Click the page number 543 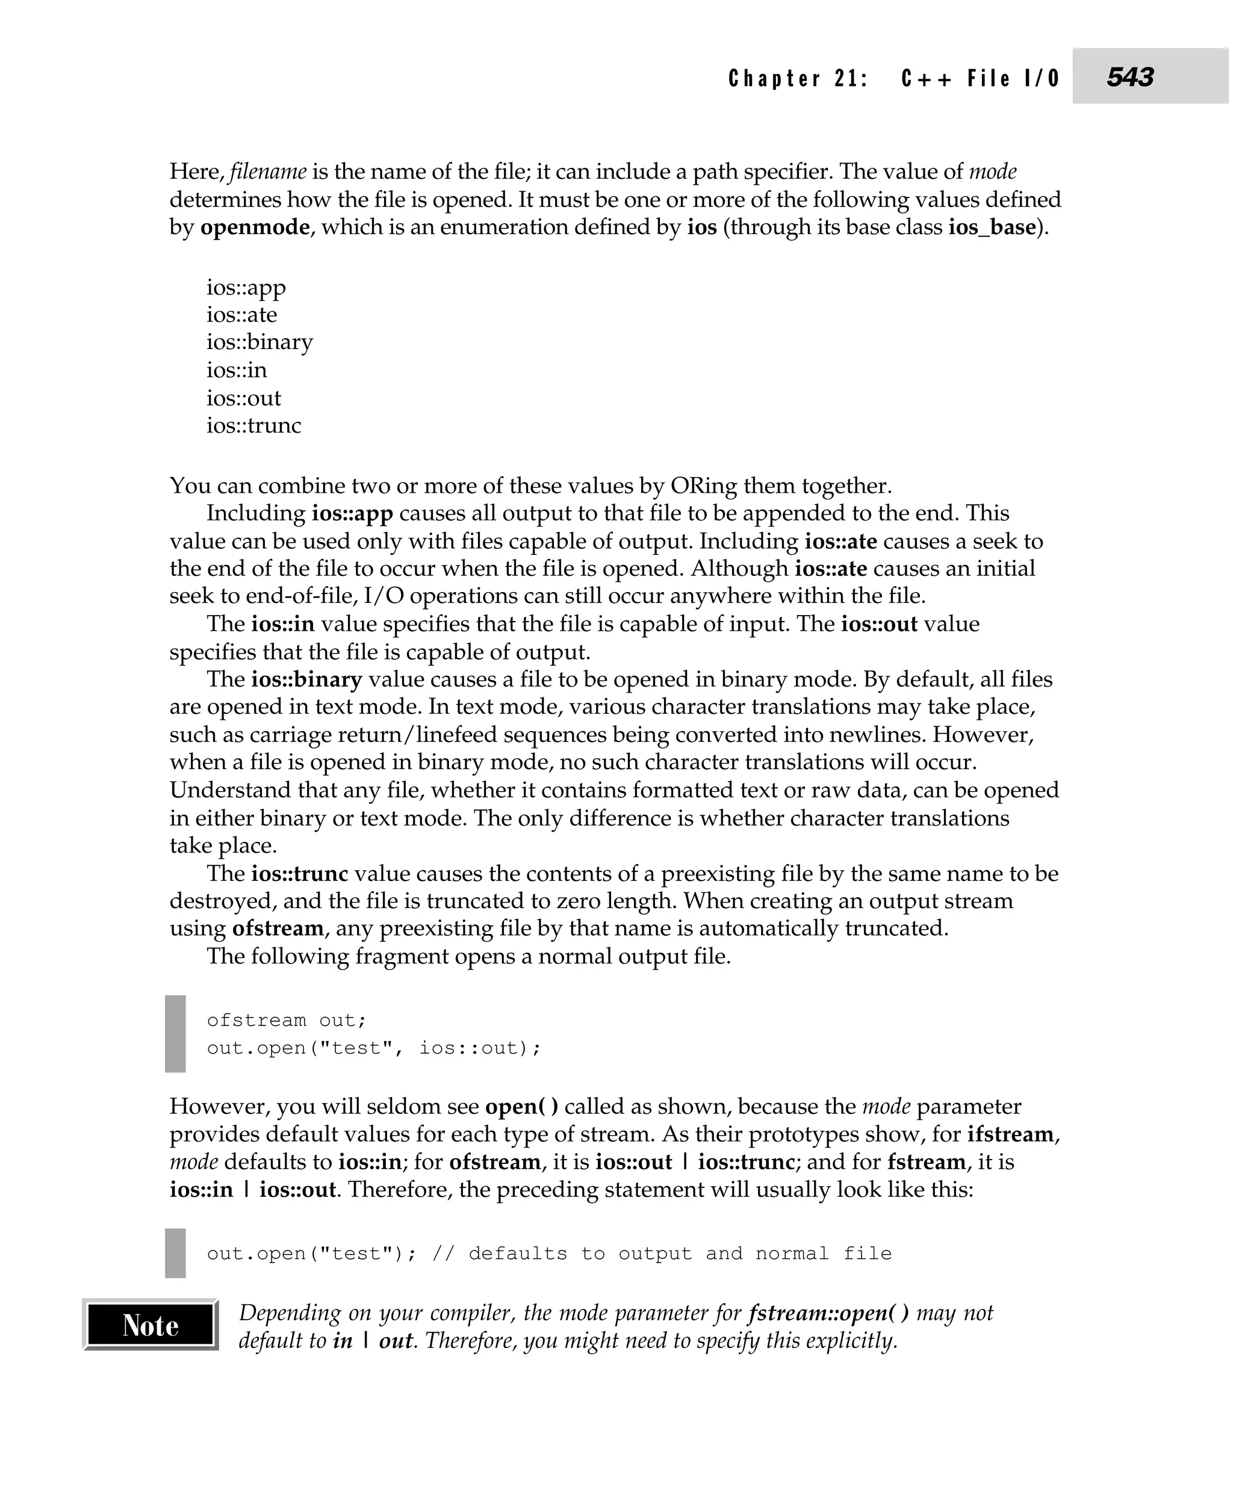[1129, 76]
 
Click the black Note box [150, 1325]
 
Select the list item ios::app [246, 288]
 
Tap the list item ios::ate [241, 315]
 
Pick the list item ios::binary [259, 342]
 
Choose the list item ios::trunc [253, 425]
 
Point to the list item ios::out [244, 398]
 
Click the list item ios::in [237, 370]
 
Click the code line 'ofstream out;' [286, 1020]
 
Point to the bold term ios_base [992, 227]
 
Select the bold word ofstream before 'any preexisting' [278, 928]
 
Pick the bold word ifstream [1011, 1134]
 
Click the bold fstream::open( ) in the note [828, 1313]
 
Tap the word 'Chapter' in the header [775, 78]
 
